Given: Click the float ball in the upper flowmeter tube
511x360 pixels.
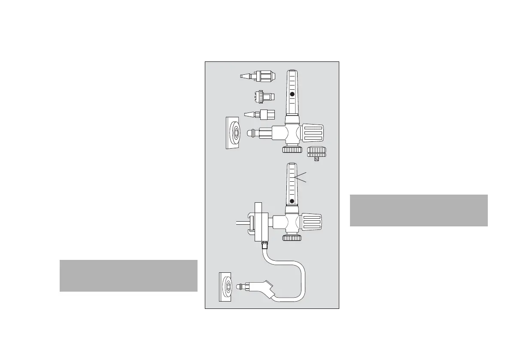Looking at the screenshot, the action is (292, 94).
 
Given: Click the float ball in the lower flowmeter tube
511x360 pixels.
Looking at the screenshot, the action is (292, 201).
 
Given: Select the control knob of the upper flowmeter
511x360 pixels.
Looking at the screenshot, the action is (313, 134).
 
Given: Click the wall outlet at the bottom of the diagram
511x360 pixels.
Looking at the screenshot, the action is (227, 287).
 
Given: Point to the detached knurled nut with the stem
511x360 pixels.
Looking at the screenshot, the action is (317, 152).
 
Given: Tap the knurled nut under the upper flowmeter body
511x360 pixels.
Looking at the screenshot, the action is (292, 149).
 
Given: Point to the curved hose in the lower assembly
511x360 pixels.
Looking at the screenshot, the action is (301, 275).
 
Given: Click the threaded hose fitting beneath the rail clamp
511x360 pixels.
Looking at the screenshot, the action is (265, 246).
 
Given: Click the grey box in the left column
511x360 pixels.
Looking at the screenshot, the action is (128, 275).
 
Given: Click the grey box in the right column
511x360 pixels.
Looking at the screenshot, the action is (419, 210).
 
